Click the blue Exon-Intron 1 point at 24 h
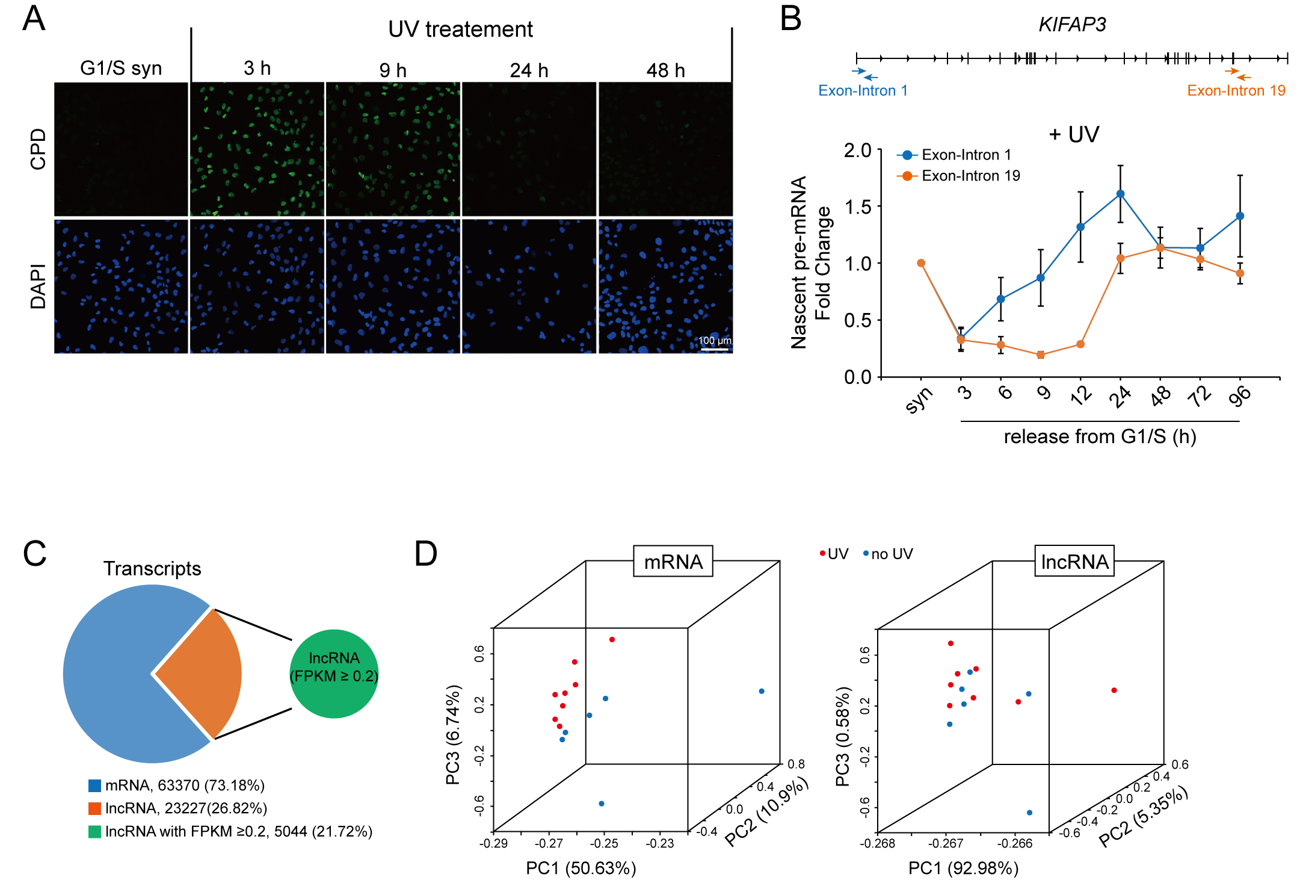click(x=1120, y=194)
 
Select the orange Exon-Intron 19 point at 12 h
click(x=1080, y=344)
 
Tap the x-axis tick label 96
click(x=1240, y=396)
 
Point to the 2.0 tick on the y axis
click(x=858, y=150)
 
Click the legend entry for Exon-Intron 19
click(x=959, y=176)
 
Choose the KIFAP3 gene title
click(x=1072, y=25)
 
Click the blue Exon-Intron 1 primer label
click(x=863, y=91)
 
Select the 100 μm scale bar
click(x=715, y=349)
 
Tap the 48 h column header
click(x=665, y=70)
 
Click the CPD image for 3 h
click(x=257, y=149)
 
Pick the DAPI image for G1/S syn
click(x=121, y=286)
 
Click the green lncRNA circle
click(x=334, y=674)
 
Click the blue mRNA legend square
click(x=94, y=785)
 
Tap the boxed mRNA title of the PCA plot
click(x=673, y=562)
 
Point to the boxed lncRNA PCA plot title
click(x=1074, y=562)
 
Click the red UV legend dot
click(x=822, y=553)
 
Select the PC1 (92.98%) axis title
click(x=963, y=868)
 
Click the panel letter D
click(x=426, y=554)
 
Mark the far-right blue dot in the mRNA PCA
click(x=762, y=691)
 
